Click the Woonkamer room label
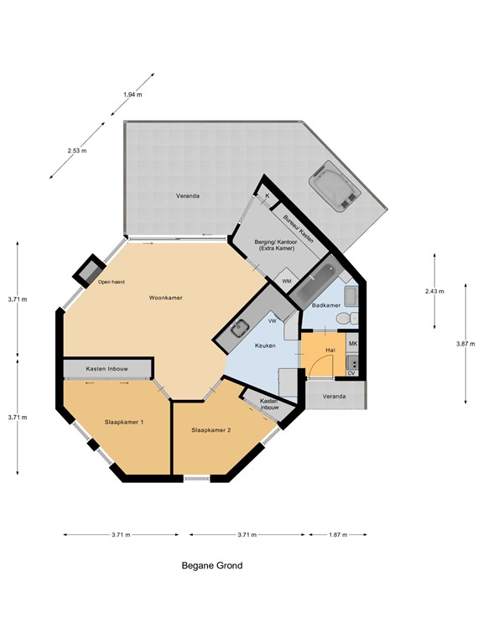(x=165, y=298)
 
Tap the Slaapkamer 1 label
(x=124, y=422)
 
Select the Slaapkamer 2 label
(x=211, y=430)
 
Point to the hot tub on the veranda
(x=335, y=186)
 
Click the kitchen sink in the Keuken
(x=240, y=329)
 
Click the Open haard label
(x=111, y=282)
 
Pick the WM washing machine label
(x=287, y=282)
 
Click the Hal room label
(x=330, y=350)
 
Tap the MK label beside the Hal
(x=352, y=343)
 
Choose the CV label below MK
(x=351, y=373)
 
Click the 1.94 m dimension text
(x=132, y=95)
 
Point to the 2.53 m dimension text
(x=77, y=151)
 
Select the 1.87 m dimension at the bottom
(x=338, y=535)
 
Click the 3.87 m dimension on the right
(x=465, y=344)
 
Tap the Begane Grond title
(x=212, y=565)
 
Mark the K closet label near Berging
(x=267, y=196)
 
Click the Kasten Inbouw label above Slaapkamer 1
(x=106, y=369)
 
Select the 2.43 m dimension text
(x=434, y=292)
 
